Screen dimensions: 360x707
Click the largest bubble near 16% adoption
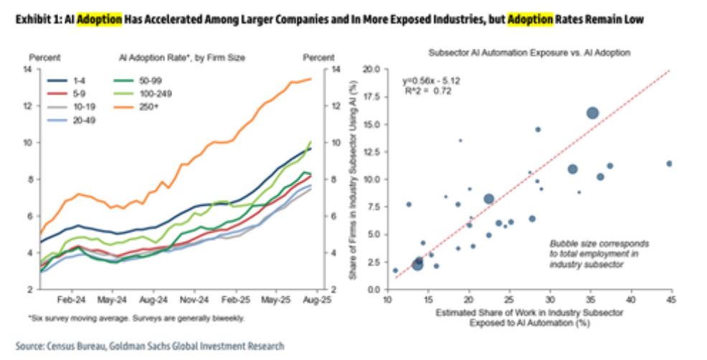(592, 113)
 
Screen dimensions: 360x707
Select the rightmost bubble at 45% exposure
(669, 164)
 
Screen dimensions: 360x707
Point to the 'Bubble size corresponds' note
(599, 244)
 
